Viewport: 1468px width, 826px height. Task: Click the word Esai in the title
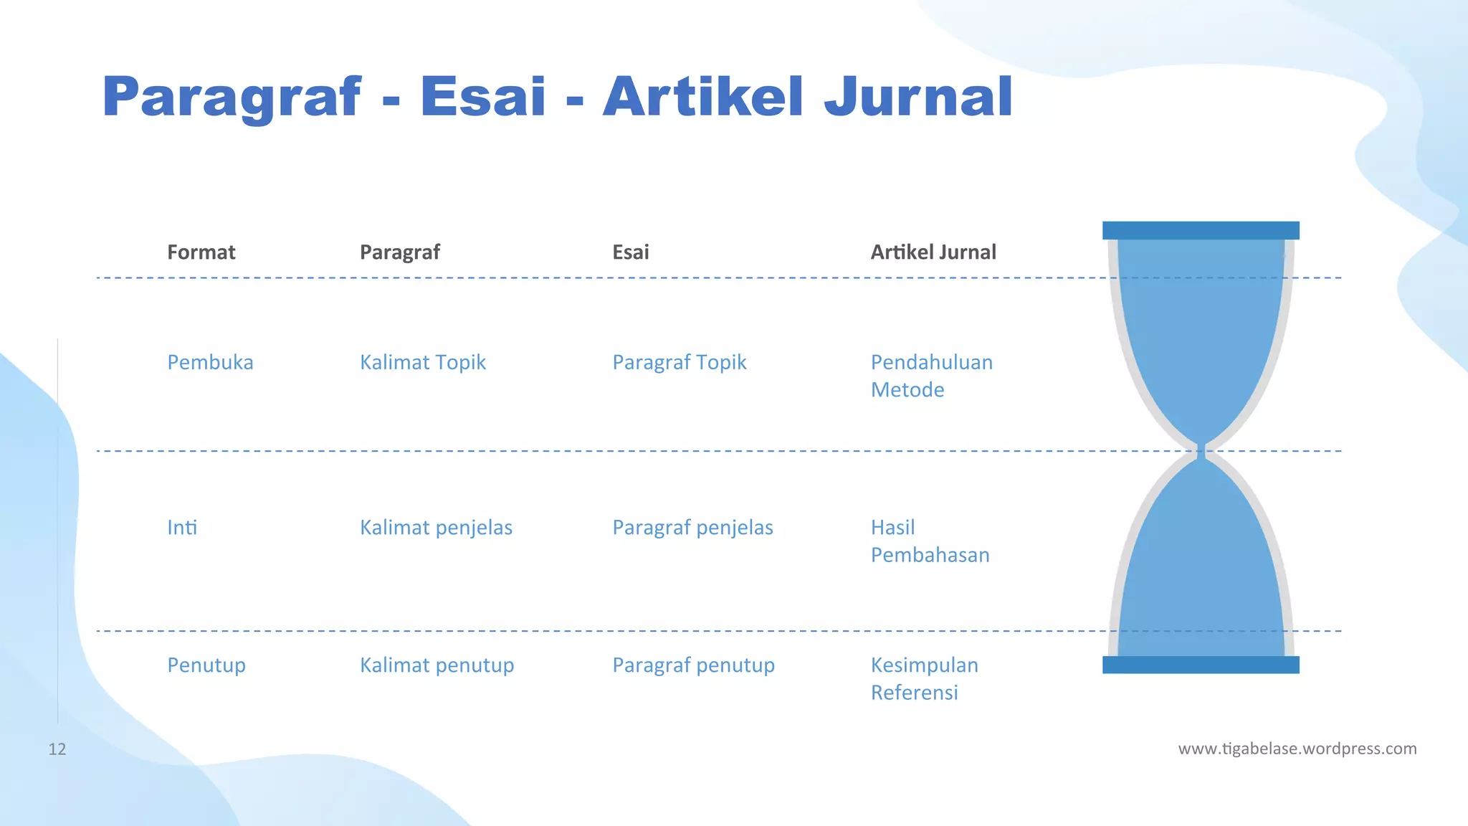(x=482, y=97)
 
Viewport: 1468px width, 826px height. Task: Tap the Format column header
(x=201, y=252)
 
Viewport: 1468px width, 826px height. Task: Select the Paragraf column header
(x=399, y=252)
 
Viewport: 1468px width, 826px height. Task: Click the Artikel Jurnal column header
(x=933, y=252)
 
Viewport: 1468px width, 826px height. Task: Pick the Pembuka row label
(x=210, y=362)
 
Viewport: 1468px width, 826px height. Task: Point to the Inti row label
(x=182, y=528)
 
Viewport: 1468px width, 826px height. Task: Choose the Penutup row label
(x=206, y=665)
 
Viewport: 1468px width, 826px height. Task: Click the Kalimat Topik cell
(x=422, y=362)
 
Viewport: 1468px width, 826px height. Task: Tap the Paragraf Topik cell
(x=679, y=362)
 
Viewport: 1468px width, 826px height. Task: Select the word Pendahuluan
(x=931, y=362)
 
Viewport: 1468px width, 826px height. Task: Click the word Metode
(x=907, y=390)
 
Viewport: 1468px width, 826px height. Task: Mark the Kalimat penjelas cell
(x=436, y=528)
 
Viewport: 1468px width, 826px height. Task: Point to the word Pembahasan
(x=930, y=555)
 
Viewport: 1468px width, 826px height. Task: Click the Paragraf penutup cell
(x=693, y=665)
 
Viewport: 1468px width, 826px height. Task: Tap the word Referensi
(x=914, y=693)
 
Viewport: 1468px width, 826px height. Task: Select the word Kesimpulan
(x=924, y=665)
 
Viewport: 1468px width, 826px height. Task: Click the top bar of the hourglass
(x=1201, y=230)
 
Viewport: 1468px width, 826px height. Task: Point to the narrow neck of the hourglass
(x=1201, y=451)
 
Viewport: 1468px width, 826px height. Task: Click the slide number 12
(x=57, y=749)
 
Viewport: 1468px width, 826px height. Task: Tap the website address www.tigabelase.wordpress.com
(x=1297, y=749)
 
